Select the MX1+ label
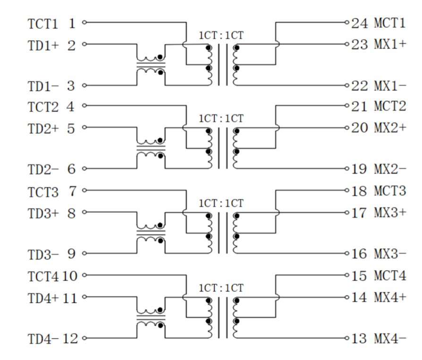[x=390, y=44]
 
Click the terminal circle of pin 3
[x=84, y=86]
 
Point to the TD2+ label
[x=43, y=129]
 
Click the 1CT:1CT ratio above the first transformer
[x=221, y=35]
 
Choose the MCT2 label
[x=390, y=106]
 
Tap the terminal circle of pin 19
[x=347, y=169]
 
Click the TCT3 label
[x=43, y=192]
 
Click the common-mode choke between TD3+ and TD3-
[x=151, y=231]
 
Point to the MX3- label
[x=390, y=254]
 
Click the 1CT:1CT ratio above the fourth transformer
[x=221, y=288]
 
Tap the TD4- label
[x=43, y=339]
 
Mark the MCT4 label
[x=390, y=275]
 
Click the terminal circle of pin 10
[x=84, y=275]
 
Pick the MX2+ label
[x=390, y=128]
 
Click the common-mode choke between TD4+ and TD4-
[x=151, y=317]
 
